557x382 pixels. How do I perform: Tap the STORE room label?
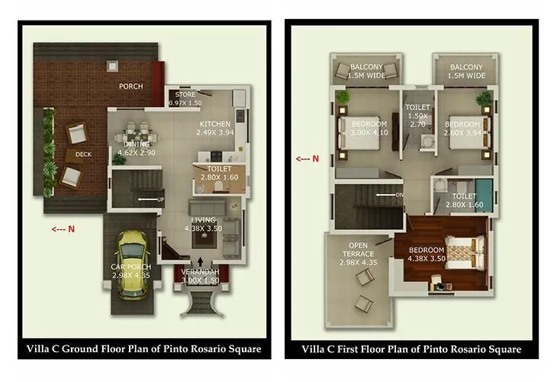pyautogui.click(x=185, y=95)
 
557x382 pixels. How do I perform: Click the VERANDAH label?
pyautogui.click(x=201, y=273)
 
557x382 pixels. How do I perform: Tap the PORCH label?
pyautogui.click(x=130, y=86)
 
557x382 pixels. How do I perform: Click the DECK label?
pyautogui.click(x=84, y=155)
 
